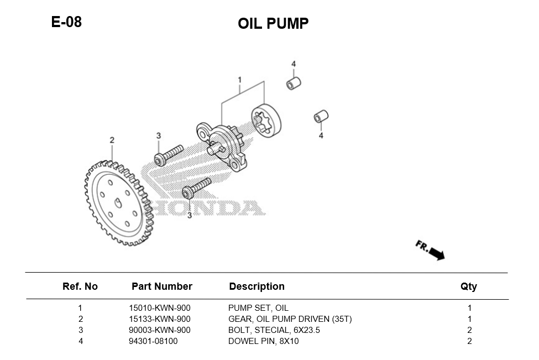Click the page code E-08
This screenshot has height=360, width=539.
click(x=66, y=22)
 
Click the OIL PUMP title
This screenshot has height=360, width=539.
click(x=273, y=24)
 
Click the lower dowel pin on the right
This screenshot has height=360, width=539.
click(x=321, y=117)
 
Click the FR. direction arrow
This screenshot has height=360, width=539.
click(x=431, y=250)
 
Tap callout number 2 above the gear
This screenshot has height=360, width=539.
click(x=112, y=140)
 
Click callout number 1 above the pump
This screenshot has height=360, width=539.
click(x=239, y=80)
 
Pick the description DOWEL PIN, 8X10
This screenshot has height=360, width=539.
click(x=263, y=341)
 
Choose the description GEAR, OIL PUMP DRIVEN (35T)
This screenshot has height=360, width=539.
click(x=290, y=319)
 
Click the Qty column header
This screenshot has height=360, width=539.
click(x=468, y=286)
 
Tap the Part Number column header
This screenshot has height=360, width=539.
click(x=161, y=286)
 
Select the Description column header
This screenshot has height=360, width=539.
click(x=257, y=286)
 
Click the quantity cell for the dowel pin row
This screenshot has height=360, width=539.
click(x=469, y=341)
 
